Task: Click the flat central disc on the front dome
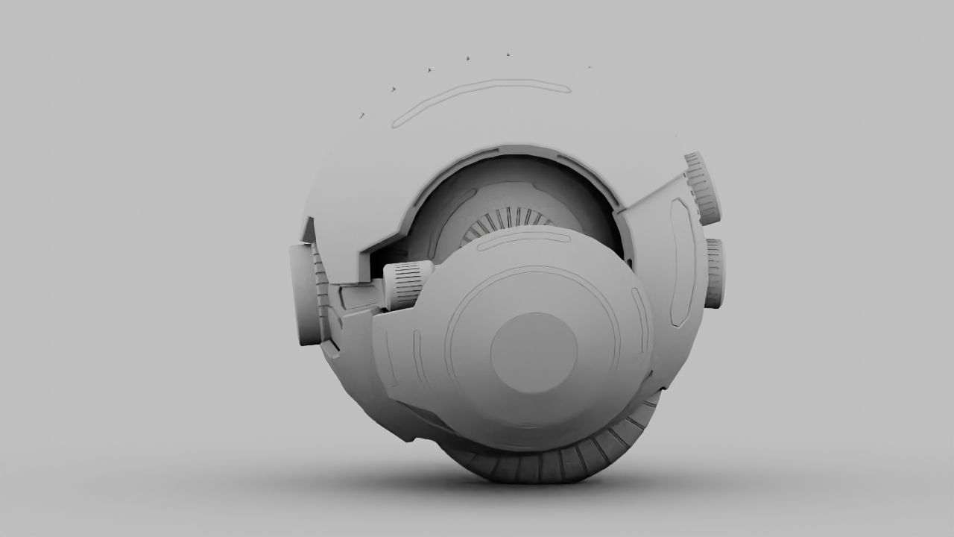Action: [x=534, y=353]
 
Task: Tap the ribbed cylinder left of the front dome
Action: [x=408, y=284]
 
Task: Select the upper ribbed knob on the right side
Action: [x=703, y=188]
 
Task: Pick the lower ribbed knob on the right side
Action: [x=715, y=273]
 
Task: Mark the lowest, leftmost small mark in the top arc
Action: [x=362, y=116]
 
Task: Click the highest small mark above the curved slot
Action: [x=508, y=54]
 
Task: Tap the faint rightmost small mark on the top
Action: [x=590, y=67]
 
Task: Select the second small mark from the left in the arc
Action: [x=394, y=89]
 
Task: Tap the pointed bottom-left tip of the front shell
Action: [x=409, y=439]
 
